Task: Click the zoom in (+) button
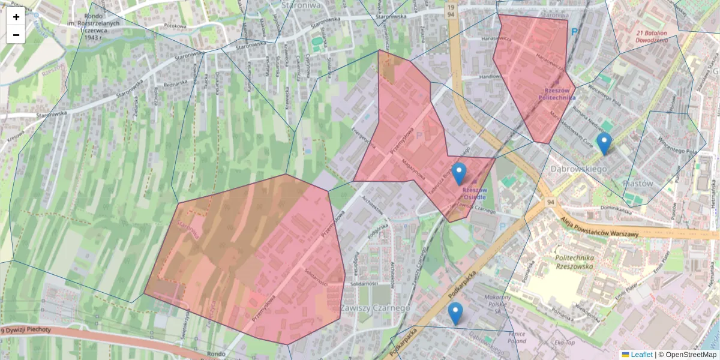(16, 17)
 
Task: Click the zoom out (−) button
(16, 35)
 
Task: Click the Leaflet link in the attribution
(641, 355)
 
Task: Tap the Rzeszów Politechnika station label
(557, 92)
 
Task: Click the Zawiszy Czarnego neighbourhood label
(375, 308)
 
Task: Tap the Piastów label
(638, 183)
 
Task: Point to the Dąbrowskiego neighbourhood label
(578, 169)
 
